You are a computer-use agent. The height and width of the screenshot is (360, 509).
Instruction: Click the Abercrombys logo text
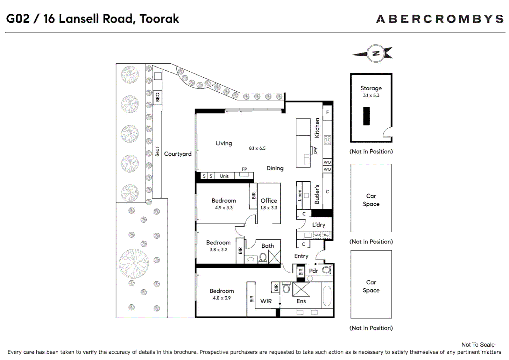(x=440, y=19)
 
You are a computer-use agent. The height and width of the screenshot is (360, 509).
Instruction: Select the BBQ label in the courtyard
(x=158, y=97)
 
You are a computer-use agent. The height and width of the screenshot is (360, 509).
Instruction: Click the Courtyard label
(x=178, y=154)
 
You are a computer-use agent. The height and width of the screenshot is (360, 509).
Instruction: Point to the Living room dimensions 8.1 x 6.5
(x=257, y=148)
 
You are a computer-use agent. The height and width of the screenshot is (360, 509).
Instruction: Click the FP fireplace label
(x=244, y=169)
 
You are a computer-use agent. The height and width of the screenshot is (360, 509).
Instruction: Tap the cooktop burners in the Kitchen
(x=327, y=140)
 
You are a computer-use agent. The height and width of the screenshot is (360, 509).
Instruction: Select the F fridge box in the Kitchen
(x=327, y=112)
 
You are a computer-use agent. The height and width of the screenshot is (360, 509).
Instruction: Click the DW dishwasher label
(x=315, y=150)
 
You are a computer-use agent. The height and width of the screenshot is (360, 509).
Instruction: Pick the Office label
(x=269, y=201)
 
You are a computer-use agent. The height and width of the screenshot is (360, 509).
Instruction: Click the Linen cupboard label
(x=299, y=195)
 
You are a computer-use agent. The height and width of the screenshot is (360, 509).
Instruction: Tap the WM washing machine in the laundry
(x=317, y=235)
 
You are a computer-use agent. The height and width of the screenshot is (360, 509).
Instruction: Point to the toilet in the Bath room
(x=263, y=258)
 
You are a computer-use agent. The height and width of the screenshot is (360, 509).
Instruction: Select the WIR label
(x=266, y=301)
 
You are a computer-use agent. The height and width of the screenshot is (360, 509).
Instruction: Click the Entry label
(x=301, y=256)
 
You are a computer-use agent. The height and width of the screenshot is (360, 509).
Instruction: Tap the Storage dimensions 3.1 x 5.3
(x=371, y=95)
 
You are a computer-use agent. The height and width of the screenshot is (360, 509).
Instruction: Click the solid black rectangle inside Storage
(x=366, y=116)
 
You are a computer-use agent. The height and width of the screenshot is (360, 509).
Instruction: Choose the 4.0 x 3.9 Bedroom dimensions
(x=222, y=298)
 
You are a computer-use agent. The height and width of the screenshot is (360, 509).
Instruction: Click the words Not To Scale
(x=478, y=345)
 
